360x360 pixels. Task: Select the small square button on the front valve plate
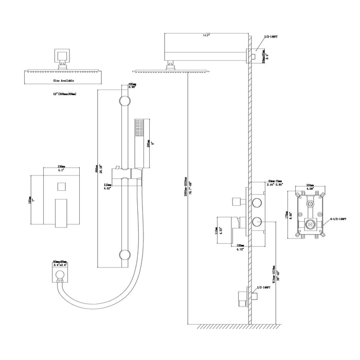[x=61, y=185]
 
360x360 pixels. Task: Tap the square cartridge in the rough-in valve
[x=310, y=224]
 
